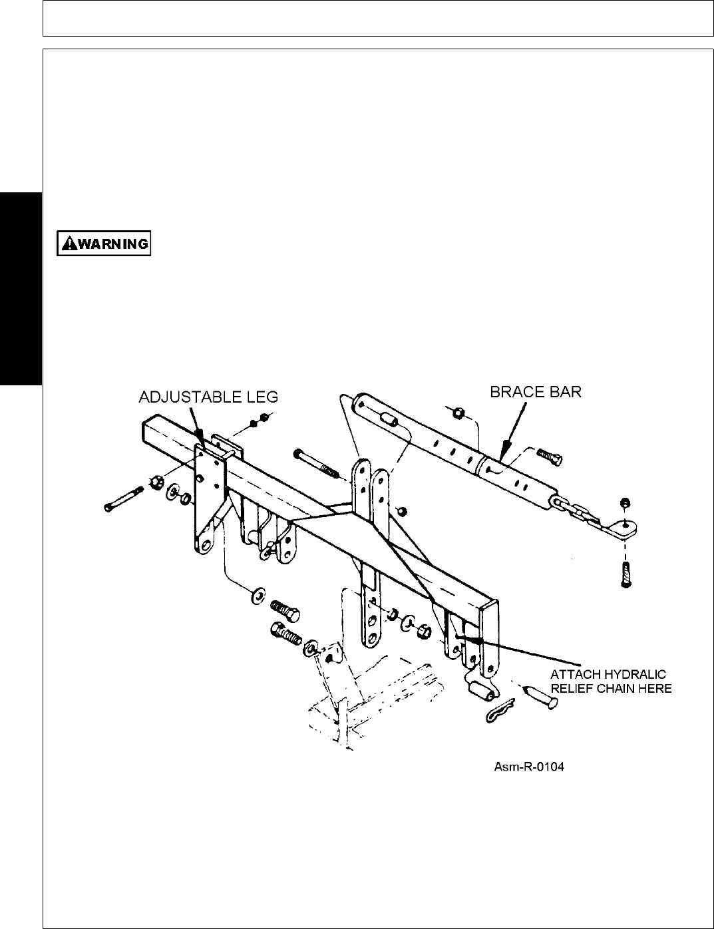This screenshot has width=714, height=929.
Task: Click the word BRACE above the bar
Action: (x=513, y=391)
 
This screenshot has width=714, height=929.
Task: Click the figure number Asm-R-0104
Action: (x=528, y=767)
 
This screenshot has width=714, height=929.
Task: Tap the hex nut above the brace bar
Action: (x=458, y=413)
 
